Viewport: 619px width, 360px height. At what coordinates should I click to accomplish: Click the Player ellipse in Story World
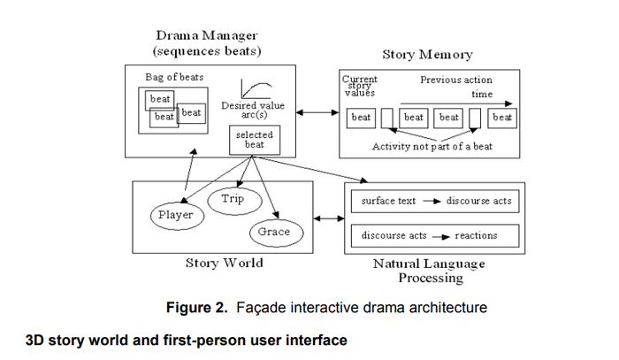point(175,215)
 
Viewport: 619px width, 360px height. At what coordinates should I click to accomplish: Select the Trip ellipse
point(233,199)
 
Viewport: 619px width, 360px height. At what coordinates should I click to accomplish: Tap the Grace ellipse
point(274,233)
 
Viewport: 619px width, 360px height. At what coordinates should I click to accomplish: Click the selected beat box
point(252,139)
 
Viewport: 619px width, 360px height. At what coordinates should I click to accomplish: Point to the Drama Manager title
point(209,35)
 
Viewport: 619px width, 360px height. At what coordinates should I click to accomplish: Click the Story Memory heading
point(428,55)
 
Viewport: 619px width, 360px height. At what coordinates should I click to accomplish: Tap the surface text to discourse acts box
point(432,201)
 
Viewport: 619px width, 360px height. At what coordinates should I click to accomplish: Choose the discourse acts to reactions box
point(432,235)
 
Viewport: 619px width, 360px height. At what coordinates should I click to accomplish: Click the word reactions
point(476,235)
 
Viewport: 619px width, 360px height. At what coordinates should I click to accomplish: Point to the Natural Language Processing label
point(430,271)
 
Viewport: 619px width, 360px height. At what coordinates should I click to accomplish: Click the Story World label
point(223,263)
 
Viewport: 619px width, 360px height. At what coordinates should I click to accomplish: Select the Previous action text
point(456,80)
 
